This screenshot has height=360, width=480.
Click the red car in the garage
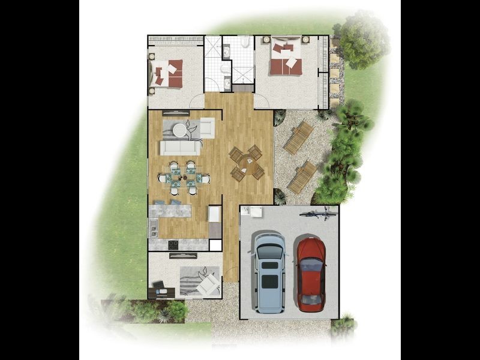(311, 274)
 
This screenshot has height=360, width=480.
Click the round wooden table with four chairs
(247, 163)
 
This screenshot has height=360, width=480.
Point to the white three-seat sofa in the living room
(179, 148)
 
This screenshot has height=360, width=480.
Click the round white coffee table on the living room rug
(181, 128)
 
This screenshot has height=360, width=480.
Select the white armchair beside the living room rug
(207, 127)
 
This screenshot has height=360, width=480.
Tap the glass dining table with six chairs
(182, 177)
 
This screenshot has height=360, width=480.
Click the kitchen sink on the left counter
(154, 227)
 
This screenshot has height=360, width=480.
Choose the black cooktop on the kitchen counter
(173, 244)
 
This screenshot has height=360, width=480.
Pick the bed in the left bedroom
(167, 74)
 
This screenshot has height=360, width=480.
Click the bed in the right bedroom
(286, 58)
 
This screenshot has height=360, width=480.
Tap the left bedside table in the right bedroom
(266, 40)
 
